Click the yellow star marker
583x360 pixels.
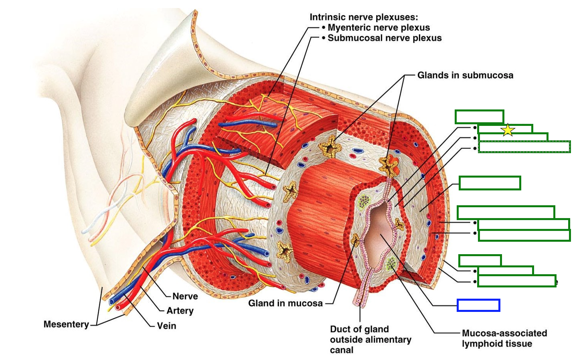508,130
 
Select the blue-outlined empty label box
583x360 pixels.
478,305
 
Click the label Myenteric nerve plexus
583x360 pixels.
379,28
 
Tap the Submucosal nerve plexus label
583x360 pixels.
385,38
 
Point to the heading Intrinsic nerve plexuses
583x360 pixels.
363,17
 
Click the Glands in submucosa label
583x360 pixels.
465,75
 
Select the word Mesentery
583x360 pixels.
66,324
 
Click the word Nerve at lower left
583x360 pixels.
185,296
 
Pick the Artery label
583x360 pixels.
180,311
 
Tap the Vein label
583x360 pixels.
166,326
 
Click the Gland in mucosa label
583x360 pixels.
285,303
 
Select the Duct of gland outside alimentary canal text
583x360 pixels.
370,340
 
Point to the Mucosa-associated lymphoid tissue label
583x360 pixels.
504,338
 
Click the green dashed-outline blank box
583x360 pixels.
524,147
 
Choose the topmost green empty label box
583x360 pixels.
479,117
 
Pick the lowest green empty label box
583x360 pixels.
516,281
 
